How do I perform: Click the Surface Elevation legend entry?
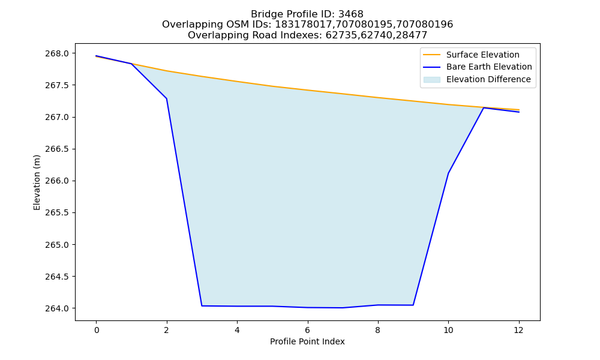(471, 55)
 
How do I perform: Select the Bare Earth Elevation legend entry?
(478, 67)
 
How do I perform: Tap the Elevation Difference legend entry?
(477, 80)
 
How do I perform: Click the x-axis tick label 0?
(97, 330)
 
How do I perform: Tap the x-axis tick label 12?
(519, 330)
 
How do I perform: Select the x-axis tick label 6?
(308, 330)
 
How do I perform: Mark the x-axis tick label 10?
(448, 330)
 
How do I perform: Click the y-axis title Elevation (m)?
(37, 182)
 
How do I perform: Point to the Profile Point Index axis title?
(307, 341)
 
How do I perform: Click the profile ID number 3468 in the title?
(351, 14)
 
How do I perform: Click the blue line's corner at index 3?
(202, 305)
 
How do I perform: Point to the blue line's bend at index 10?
(448, 173)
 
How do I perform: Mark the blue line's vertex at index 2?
(166, 98)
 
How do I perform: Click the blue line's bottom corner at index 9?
(413, 305)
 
